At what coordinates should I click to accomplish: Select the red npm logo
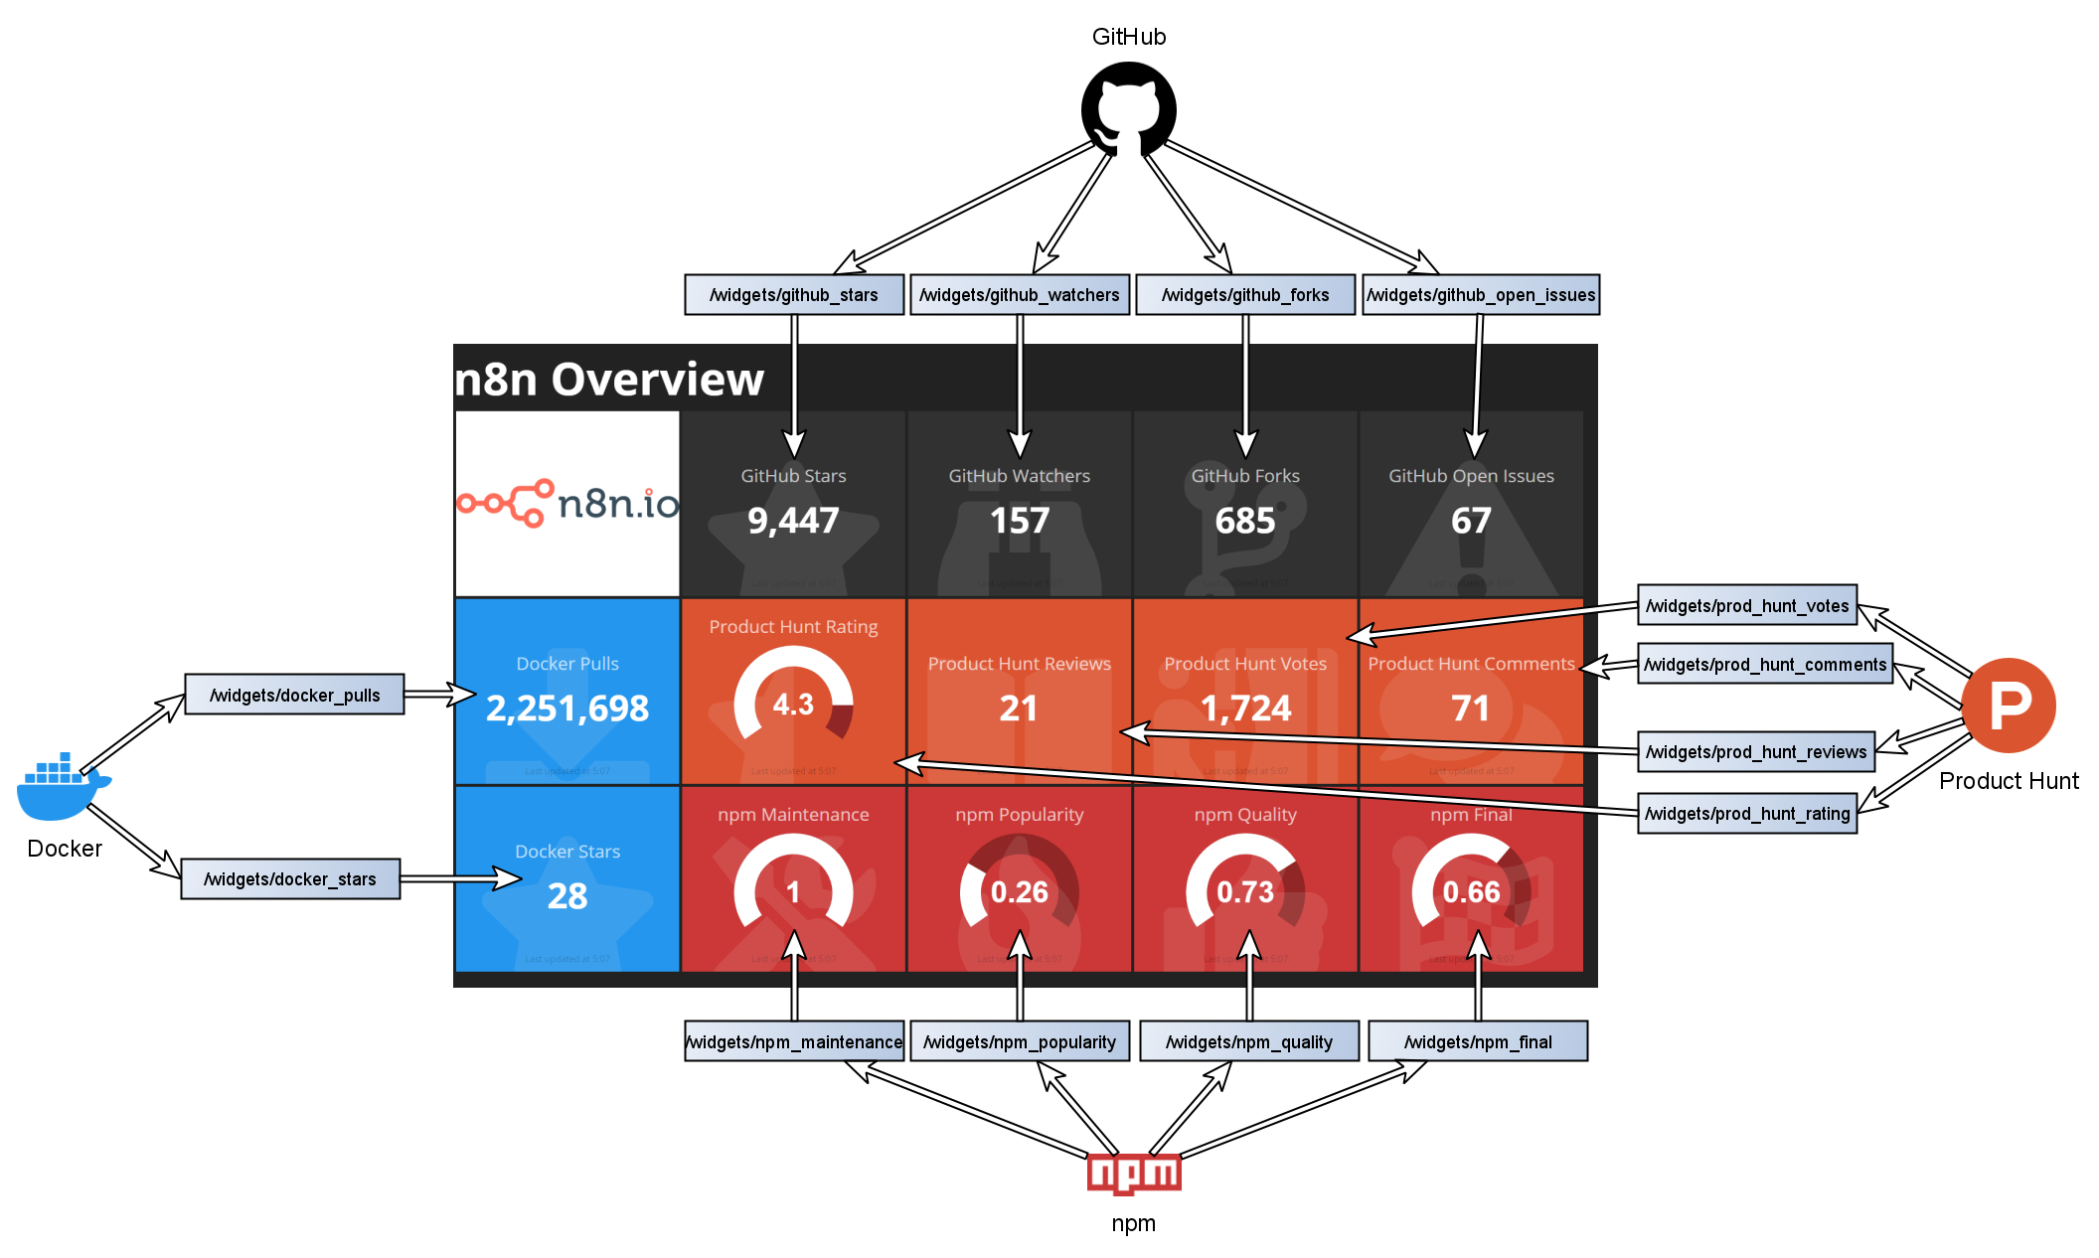tap(1134, 1174)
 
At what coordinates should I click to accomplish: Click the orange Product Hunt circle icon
tap(2009, 706)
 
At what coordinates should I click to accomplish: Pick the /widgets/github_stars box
tap(794, 295)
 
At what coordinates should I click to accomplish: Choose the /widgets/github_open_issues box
tap(1481, 295)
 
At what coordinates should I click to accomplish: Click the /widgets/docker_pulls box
tap(294, 695)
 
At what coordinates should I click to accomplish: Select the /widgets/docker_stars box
tap(290, 879)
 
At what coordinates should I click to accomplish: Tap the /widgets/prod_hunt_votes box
tap(1747, 605)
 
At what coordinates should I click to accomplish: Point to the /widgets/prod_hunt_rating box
tap(1747, 814)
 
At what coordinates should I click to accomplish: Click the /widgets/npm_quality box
tap(1249, 1041)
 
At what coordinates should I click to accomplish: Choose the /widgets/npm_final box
tap(1478, 1041)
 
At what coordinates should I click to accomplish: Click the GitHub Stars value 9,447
tap(793, 521)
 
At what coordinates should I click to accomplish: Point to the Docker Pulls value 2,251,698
tap(567, 708)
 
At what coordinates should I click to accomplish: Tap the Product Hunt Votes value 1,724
tap(1245, 708)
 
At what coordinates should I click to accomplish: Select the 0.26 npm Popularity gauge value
tap(1020, 892)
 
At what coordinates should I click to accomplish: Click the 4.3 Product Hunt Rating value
tap(793, 705)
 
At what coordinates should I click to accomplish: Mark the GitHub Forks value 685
tap(1245, 521)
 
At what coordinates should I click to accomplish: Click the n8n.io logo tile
tap(567, 504)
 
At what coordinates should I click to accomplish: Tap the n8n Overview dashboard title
tap(609, 380)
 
